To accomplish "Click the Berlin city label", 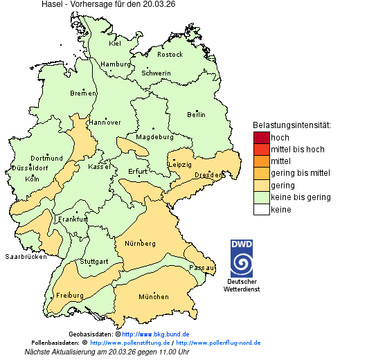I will [x=196, y=114].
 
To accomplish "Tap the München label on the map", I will [x=153, y=297].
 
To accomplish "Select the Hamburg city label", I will [x=116, y=64].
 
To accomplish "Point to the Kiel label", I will [x=115, y=43].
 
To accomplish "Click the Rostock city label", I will [x=170, y=54].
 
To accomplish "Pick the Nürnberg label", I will [x=139, y=244].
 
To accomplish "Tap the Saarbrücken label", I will [x=26, y=256].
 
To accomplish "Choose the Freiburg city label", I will [x=70, y=296].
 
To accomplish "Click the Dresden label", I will [x=208, y=175].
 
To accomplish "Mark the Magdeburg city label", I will [x=154, y=136].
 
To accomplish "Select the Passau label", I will [x=202, y=267].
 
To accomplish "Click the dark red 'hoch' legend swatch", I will [x=261, y=138].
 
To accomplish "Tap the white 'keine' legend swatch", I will [x=261, y=210].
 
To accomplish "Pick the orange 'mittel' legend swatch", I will [x=261, y=161].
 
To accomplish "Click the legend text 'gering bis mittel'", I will [x=300, y=173].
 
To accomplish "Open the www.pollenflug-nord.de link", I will [x=218, y=343].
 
